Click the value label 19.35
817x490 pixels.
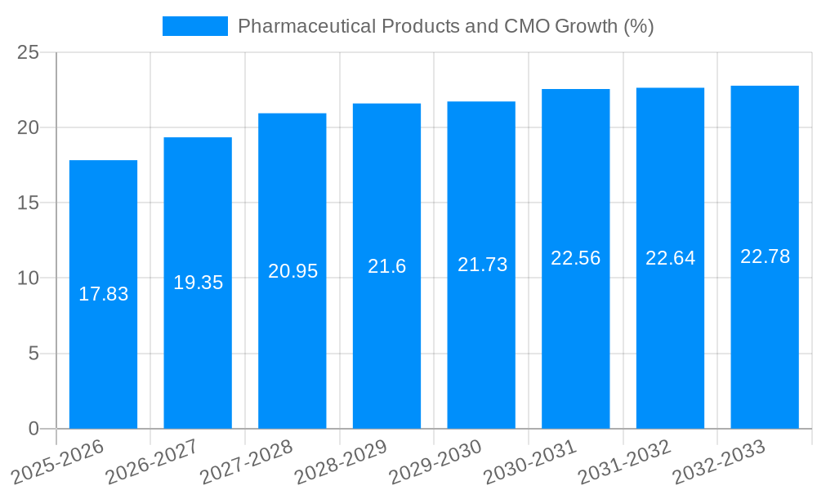click(x=198, y=283)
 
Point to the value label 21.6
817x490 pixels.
click(x=386, y=266)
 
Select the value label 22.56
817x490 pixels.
click(x=575, y=258)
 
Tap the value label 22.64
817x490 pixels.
click(x=670, y=258)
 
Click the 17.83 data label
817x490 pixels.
click(x=103, y=294)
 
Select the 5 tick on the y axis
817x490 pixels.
click(x=33, y=354)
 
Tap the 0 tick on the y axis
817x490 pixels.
click(x=33, y=429)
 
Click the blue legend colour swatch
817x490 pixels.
click(x=194, y=26)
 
